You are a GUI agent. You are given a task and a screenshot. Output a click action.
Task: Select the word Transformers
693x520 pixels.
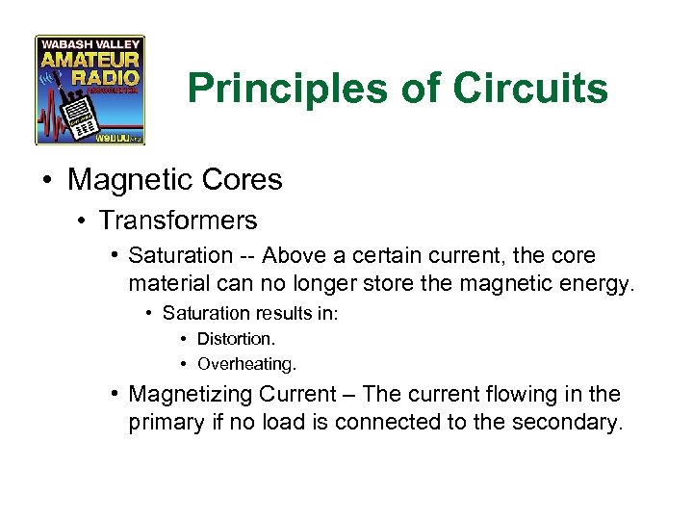[x=178, y=221]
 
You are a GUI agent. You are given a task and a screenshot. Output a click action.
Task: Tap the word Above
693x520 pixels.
[x=293, y=256]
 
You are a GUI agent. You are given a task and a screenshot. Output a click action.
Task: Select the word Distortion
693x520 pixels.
[x=236, y=339]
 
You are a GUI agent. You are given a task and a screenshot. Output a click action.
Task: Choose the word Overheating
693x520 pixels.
[x=245, y=364]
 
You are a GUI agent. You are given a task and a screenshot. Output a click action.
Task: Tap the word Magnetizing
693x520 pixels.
[x=192, y=395]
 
